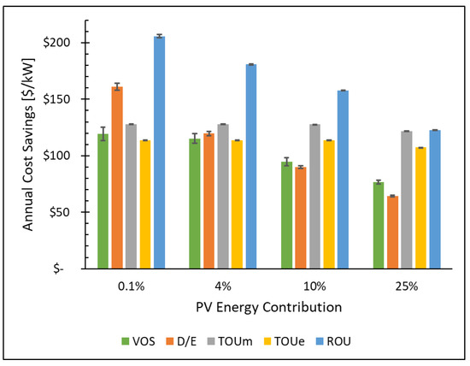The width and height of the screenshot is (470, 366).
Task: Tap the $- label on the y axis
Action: [72, 269]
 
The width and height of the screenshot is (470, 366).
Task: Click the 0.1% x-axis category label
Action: [132, 284]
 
